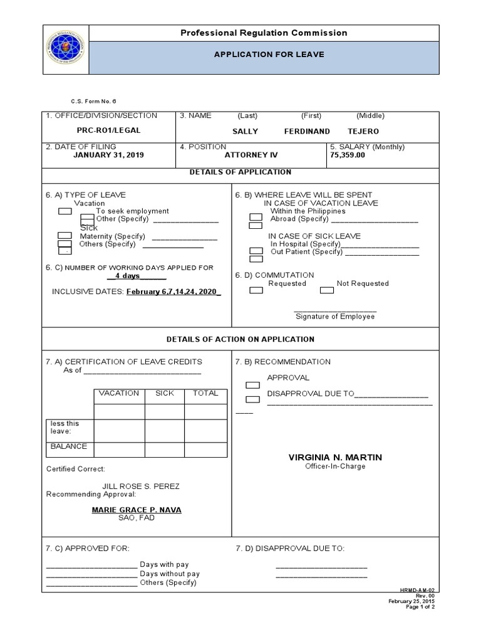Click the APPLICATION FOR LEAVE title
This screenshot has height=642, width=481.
click(x=269, y=55)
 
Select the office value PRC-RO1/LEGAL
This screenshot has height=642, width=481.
click(x=110, y=131)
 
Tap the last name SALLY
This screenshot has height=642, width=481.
click(x=245, y=132)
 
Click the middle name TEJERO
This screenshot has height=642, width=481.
click(x=363, y=132)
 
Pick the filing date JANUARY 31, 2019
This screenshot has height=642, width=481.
click(x=108, y=155)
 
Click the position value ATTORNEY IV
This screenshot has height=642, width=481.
click(x=251, y=155)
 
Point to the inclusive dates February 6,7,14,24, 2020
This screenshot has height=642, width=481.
click(x=173, y=292)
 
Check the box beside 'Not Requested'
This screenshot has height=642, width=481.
click(x=326, y=290)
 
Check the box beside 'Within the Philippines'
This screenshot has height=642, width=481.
click(x=256, y=217)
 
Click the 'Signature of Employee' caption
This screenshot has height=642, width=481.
click(x=335, y=317)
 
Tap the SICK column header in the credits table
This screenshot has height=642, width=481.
click(x=165, y=394)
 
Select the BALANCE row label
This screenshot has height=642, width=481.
click(x=69, y=447)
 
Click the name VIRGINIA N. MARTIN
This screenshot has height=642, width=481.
click(x=335, y=458)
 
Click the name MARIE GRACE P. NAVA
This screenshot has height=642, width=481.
click(x=137, y=510)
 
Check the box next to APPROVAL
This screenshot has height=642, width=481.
click(x=252, y=385)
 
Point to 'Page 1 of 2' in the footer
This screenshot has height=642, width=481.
click(x=420, y=607)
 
